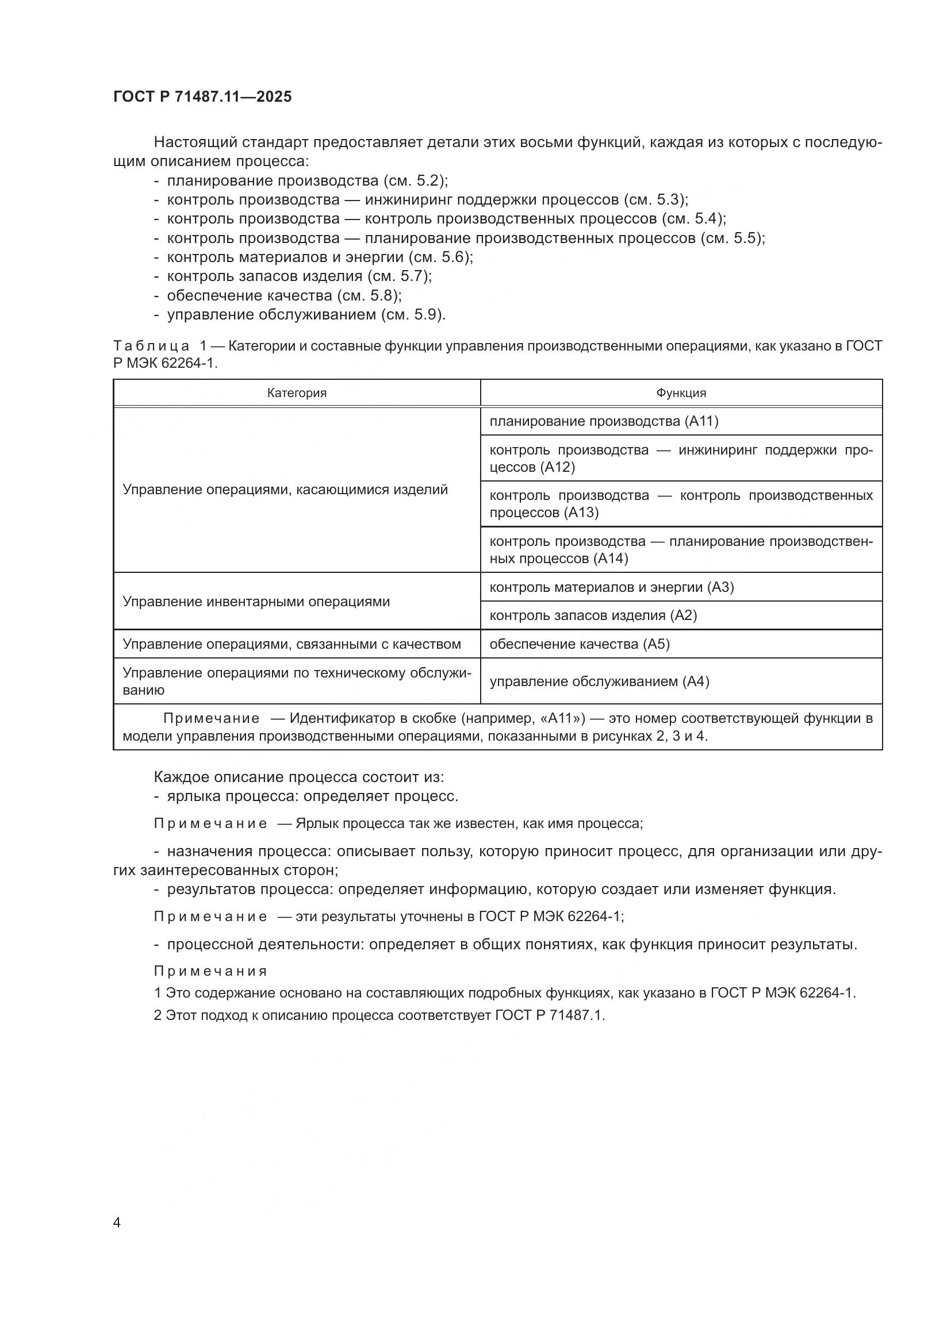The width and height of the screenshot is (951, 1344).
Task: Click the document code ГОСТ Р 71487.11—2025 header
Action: point(202,97)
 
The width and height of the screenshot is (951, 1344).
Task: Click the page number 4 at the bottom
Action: point(117,1223)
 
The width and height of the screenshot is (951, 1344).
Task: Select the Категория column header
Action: point(296,393)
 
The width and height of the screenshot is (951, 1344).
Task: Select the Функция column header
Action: point(680,393)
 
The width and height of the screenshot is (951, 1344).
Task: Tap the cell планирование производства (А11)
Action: point(603,421)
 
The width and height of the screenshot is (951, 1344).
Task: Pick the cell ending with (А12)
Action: point(680,459)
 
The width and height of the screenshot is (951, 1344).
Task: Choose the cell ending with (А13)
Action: point(680,504)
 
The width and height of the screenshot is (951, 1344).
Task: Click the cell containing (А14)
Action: point(680,550)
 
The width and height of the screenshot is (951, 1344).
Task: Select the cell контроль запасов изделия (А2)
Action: point(593,615)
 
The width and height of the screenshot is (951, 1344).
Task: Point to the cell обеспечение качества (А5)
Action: point(579,644)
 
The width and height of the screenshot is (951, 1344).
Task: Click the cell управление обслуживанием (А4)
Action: point(599,681)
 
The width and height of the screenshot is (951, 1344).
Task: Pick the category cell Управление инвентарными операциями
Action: point(256,602)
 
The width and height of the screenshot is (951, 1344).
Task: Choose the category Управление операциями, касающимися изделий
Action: point(285,490)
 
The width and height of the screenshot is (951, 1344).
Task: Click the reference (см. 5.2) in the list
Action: point(415,180)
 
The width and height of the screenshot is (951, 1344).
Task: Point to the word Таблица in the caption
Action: point(151,346)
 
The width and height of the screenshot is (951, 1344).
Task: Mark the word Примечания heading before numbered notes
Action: point(210,971)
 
